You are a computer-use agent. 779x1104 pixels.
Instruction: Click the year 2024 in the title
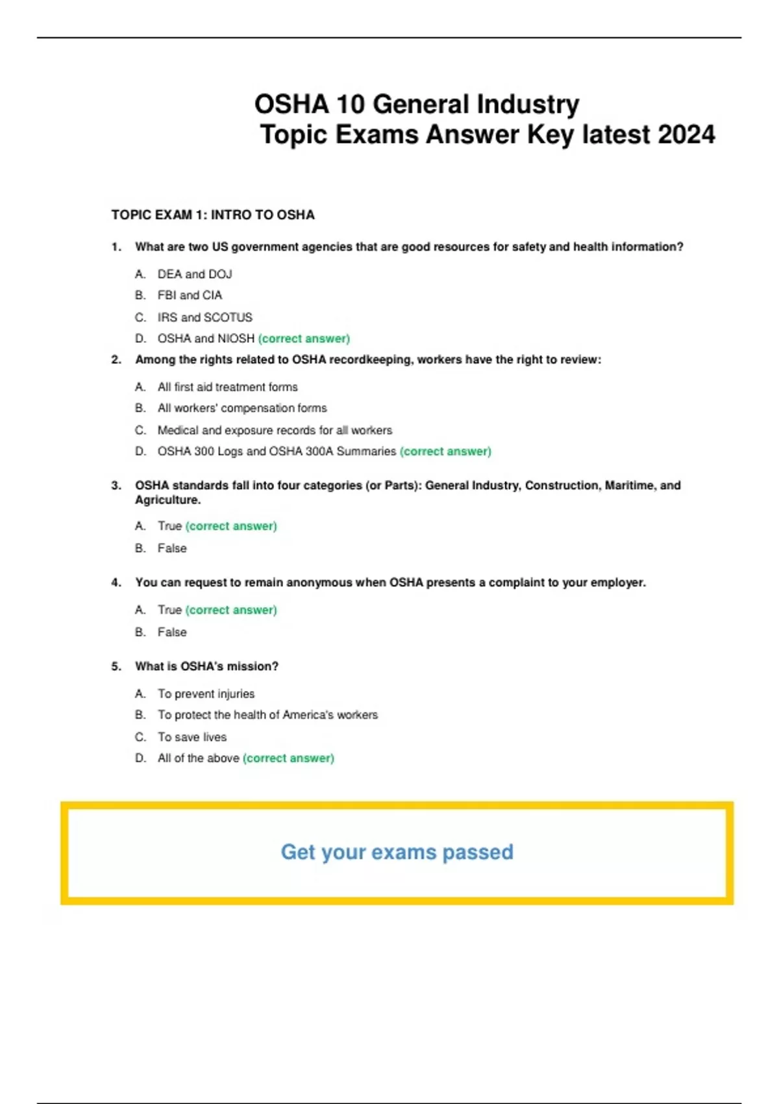point(686,135)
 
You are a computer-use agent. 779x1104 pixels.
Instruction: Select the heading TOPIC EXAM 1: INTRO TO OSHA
point(213,215)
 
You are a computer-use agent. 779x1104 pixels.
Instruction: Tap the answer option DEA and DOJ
point(195,274)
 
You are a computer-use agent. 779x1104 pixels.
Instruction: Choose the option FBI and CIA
point(190,295)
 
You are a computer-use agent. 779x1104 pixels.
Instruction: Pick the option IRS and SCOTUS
point(204,318)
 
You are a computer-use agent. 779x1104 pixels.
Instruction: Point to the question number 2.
point(116,360)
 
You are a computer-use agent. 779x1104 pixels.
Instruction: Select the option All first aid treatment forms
point(227,387)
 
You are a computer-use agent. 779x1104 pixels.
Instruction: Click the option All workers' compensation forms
point(242,408)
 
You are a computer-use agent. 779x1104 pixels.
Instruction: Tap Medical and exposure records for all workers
point(275,430)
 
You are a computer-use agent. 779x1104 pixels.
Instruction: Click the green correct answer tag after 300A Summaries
point(445,451)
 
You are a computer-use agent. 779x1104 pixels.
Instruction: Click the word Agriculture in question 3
point(167,500)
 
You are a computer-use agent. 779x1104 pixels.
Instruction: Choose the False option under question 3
point(172,548)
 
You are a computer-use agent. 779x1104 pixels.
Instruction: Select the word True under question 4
point(169,610)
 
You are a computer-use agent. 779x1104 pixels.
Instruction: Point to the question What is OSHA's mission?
point(206,666)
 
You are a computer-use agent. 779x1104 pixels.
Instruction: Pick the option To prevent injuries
point(206,694)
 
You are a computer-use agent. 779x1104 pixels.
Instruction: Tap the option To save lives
point(192,737)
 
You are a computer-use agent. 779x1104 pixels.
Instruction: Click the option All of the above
point(198,758)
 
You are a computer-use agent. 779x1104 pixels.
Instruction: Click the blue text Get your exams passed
point(397,852)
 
